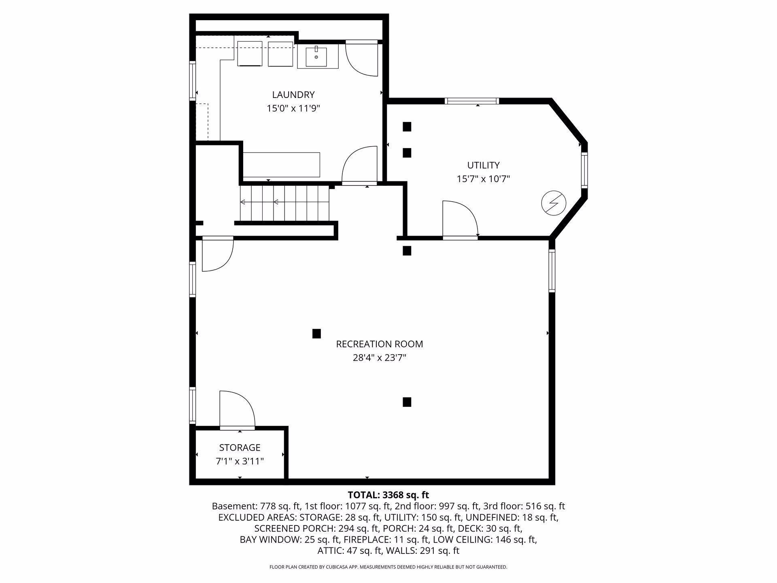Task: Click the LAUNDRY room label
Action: pos(293,95)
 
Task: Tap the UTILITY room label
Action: pos(483,165)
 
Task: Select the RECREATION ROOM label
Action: pos(379,344)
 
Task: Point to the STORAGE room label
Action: pos(240,447)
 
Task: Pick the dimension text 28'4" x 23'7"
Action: pos(379,358)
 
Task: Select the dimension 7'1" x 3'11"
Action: pos(240,461)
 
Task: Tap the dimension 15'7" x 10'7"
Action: pos(483,179)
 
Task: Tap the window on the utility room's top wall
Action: pos(471,101)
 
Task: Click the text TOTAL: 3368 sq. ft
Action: pos(388,495)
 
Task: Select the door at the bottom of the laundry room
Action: pos(360,166)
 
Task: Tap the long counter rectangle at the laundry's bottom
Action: pos(282,165)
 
